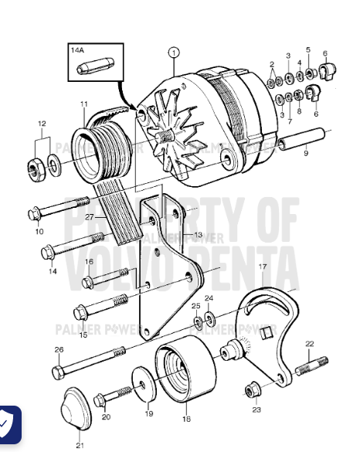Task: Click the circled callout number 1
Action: click(174, 53)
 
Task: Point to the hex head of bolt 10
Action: click(35, 213)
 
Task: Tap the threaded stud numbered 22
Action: click(312, 362)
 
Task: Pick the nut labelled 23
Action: click(251, 389)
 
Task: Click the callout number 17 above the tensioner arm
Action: click(263, 267)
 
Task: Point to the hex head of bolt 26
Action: click(59, 372)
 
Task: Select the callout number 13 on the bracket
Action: click(199, 234)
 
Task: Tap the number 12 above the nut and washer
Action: click(42, 123)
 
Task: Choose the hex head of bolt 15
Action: click(80, 312)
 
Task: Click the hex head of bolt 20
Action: click(100, 399)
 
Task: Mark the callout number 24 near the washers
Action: click(208, 298)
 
